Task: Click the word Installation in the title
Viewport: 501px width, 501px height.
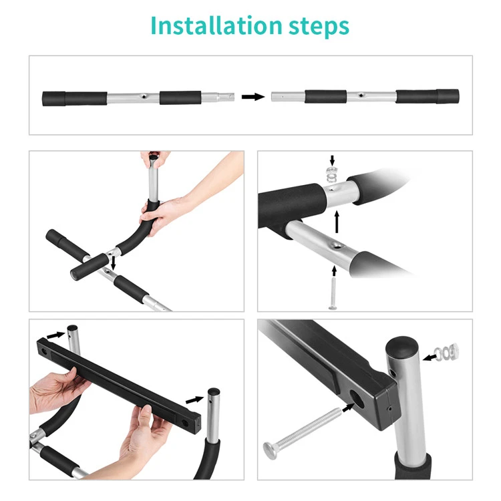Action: pyautogui.click(x=216, y=25)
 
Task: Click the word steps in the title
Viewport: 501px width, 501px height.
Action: pyautogui.click(x=319, y=27)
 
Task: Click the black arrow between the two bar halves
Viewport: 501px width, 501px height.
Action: pyautogui.click(x=253, y=97)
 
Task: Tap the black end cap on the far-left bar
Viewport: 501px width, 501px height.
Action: pyautogui.click(x=54, y=99)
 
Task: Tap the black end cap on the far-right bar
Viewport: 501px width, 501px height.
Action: pyautogui.click(x=448, y=96)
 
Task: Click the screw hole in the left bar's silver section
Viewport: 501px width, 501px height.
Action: pyautogui.click(x=144, y=96)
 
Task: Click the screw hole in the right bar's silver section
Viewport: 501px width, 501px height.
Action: pyautogui.click(x=361, y=96)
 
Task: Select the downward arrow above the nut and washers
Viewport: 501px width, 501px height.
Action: pyautogui.click(x=332, y=161)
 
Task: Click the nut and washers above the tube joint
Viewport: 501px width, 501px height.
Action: pyautogui.click(x=333, y=174)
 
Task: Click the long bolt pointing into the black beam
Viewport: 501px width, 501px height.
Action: pyautogui.click(x=301, y=434)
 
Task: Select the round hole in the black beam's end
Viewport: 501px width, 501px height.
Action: pyautogui.click(x=357, y=399)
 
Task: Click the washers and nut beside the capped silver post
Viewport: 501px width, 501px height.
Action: pyautogui.click(x=448, y=351)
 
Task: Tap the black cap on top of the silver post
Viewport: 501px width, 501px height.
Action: pyautogui.click(x=402, y=346)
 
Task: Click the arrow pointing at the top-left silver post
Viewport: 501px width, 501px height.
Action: pyautogui.click(x=55, y=335)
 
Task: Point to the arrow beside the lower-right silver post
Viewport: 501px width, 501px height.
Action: pyautogui.click(x=194, y=399)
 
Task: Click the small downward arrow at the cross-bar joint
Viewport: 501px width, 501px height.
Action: pyautogui.click(x=113, y=263)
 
